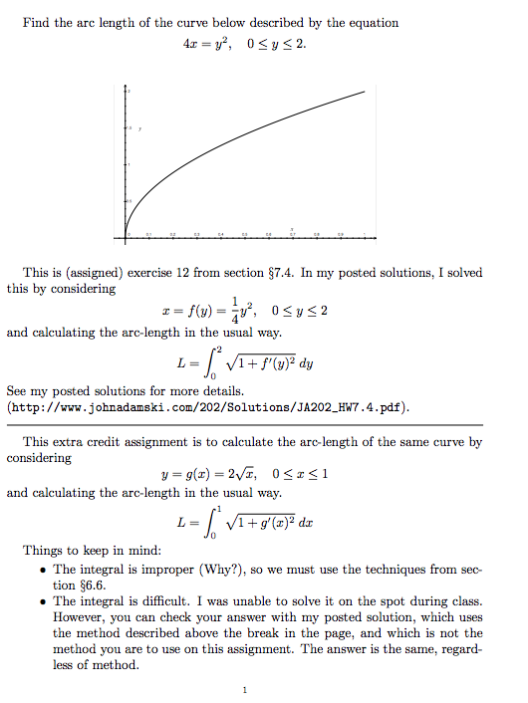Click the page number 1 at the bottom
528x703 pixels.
(x=242, y=689)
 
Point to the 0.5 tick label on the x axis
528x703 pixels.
(x=245, y=236)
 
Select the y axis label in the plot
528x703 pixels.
(x=140, y=129)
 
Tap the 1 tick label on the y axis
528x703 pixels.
(x=128, y=164)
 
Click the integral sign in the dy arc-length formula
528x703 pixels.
(x=210, y=363)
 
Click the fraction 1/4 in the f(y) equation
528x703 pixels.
(x=234, y=309)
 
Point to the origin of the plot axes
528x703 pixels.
(x=128, y=232)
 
